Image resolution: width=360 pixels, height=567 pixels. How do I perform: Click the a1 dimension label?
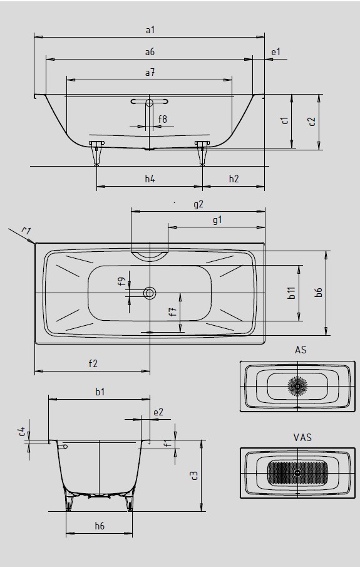(x=150, y=29)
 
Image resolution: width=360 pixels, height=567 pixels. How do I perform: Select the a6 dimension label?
(x=150, y=52)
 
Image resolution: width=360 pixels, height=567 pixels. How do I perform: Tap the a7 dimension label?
(x=150, y=72)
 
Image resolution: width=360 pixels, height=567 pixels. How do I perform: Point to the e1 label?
(x=275, y=52)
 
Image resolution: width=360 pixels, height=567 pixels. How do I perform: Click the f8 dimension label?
(x=163, y=118)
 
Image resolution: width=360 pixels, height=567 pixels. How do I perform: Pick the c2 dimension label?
(x=312, y=122)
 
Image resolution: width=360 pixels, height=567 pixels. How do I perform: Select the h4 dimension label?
(x=150, y=179)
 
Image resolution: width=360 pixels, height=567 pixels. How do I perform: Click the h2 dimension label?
(x=234, y=179)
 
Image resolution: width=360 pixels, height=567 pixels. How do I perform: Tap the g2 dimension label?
(x=198, y=204)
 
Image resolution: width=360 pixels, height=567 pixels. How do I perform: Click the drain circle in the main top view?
(x=150, y=293)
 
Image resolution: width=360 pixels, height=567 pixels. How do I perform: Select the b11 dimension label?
(x=292, y=293)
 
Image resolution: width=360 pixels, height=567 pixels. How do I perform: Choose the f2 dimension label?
(x=93, y=363)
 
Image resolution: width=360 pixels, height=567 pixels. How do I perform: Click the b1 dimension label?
(x=100, y=392)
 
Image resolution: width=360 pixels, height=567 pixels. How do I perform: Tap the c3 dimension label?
(x=194, y=475)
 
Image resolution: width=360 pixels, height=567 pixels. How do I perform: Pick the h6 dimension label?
(x=100, y=526)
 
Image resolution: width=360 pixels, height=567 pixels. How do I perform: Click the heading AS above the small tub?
(x=301, y=350)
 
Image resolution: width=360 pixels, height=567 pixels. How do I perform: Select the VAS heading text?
(x=302, y=437)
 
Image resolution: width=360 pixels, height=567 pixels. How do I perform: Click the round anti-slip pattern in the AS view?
(x=297, y=386)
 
